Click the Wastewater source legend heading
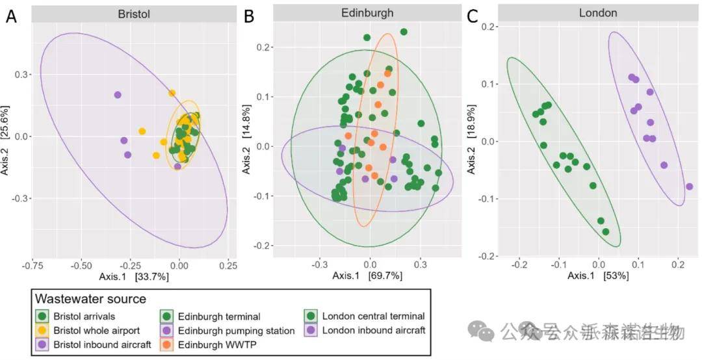pyautogui.click(x=90, y=299)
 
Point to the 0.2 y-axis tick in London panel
pyautogui.click(x=487, y=27)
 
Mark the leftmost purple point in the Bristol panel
pyautogui.click(x=118, y=95)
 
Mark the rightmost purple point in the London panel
pyautogui.click(x=689, y=187)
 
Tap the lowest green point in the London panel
pyautogui.click(x=606, y=232)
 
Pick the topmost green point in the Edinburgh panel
pyautogui.click(x=404, y=32)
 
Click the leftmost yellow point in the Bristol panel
pyautogui.click(x=142, y=131)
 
